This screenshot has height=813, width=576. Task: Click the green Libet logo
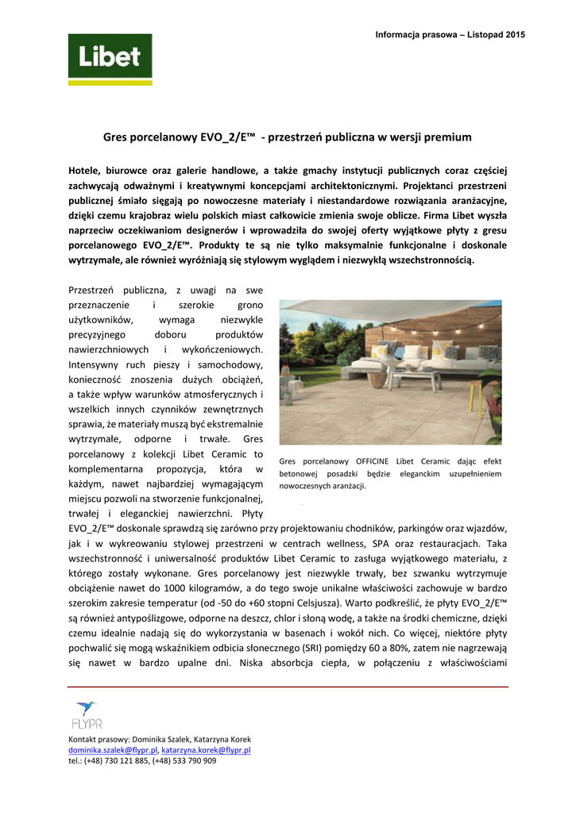[109, 60]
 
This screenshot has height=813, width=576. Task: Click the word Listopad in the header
[479, 34]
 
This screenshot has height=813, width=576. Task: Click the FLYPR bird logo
[86, 715]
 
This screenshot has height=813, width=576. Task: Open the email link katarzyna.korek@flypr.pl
[207, 749]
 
